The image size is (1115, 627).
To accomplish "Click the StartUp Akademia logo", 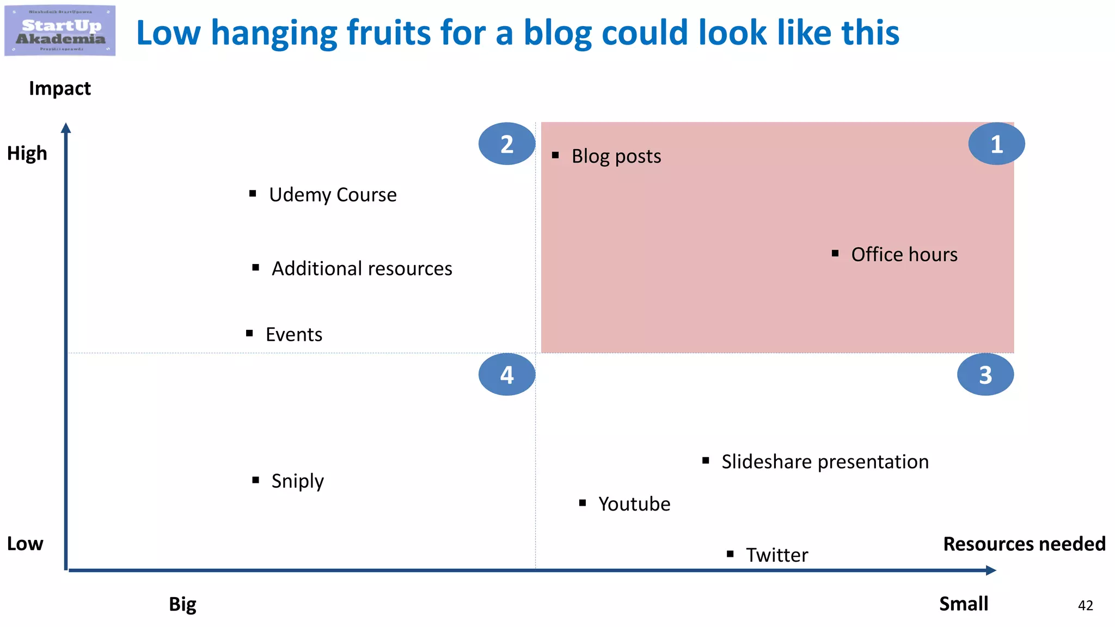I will pyautogui.click(x=60, y=30).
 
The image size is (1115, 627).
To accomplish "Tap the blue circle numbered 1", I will pyautogui.click(x=996, y=144).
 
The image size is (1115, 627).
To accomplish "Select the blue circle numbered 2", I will pyautogui.click(x=506, y=144).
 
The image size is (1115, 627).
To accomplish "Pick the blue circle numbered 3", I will pyautogui.click(x=985, y=374).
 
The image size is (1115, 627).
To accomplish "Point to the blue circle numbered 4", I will pyautogui.click(x=506, y=374).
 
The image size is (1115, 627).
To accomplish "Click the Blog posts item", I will pyautogui.click(x=616, y=156).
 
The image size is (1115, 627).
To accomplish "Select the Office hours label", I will pyautogui.click(x=904, y=254).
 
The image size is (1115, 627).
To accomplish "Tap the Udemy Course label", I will pyautogui.click(x=332, y=195).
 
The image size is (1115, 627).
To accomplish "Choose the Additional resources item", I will pyautogui.click(x=362, y=268).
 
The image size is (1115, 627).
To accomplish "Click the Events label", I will pyautogui.click(x=293, y=334).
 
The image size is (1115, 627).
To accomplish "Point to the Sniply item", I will pyautogui.click(x=297, y=481).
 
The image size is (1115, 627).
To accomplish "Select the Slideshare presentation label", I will pyautogui.click(x=824, y=462).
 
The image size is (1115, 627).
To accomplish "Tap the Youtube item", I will pyautogui.click(x=634, y=504).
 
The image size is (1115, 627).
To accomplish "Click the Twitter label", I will pyautogui.click(x=776, y=555).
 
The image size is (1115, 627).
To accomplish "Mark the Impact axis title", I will pyautogui.click(x=60, y=88).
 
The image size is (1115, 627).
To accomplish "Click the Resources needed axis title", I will pyautogui.click(x=1024, y=544).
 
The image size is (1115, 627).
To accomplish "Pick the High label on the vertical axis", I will pyautogui.click(x=27, y=153).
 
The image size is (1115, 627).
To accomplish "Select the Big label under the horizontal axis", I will pyautogui.click(x=182, y=604).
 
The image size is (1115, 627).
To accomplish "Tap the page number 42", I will pyautogui.click(x=1085, y=605).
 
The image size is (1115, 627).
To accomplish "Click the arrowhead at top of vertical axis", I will pyautogui.click(x=66, y=128).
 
